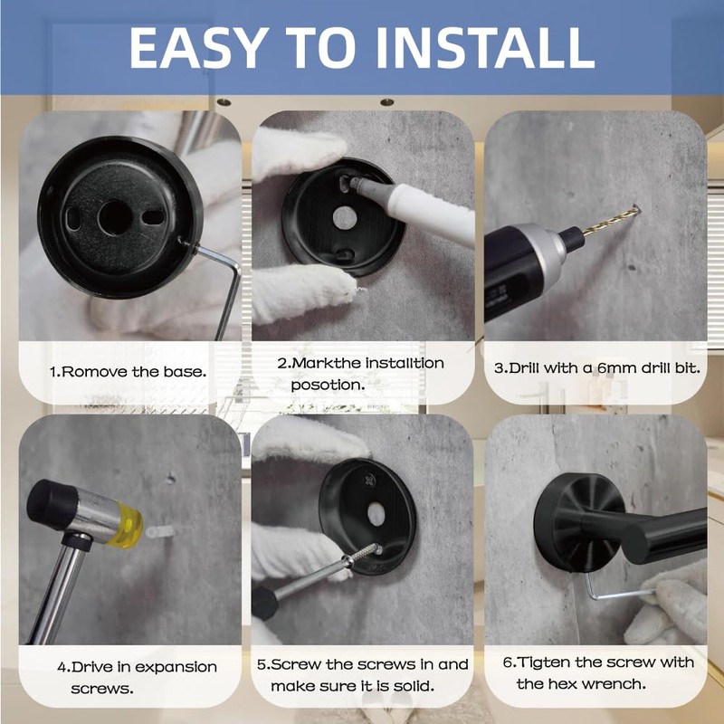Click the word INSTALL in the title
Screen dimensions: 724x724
click(x=485, y=48)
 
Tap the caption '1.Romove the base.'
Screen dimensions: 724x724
click(x=128, y=372)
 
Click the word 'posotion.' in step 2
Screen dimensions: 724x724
click(x=328, y=386)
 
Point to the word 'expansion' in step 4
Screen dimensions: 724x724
click(x=176, y=667)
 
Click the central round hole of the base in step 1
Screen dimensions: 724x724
click(x=115, y=217)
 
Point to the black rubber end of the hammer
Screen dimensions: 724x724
click(x=51, y=502)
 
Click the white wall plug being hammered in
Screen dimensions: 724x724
click(x=160, y=532)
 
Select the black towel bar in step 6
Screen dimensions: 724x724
click(x=655, y=536)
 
